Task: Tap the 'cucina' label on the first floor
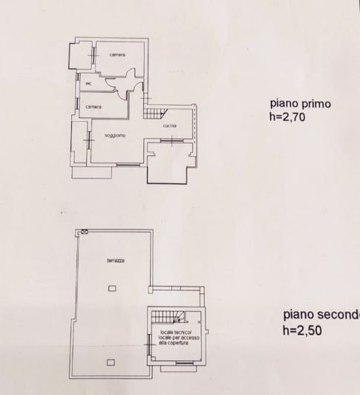point(169,126)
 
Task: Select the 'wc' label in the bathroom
point(89,83)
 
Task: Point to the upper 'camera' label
point(117,56)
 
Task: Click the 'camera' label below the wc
point(93,107)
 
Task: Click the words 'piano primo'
point(295,105)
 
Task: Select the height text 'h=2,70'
point(287,117)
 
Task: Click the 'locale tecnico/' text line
point(174,333)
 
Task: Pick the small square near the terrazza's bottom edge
point(111,362)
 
